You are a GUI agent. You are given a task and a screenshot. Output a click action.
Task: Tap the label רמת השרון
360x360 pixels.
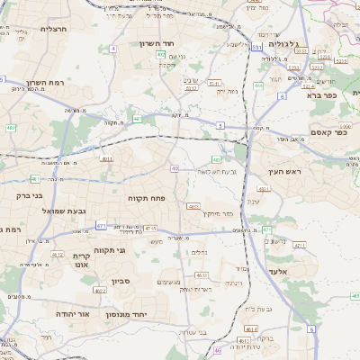pyautogui.click(x=44, y=82)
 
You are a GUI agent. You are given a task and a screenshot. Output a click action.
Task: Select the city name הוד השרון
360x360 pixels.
pyautogui.click(x=162, y=42)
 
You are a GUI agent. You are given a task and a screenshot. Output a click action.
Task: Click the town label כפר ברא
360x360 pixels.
pyautogui.click(x=320, y=94)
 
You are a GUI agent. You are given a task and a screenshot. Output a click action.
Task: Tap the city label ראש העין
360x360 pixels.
pyautogui.click(x=287, y=170)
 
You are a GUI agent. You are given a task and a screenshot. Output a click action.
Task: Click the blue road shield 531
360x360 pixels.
pyautogui.click(x=256, y=47)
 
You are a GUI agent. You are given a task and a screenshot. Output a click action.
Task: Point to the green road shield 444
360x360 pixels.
pyautogui.click(x=258, y=85)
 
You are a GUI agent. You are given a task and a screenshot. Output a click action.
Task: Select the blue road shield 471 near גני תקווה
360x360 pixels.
pyautogui.click(x=101, y=226)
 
